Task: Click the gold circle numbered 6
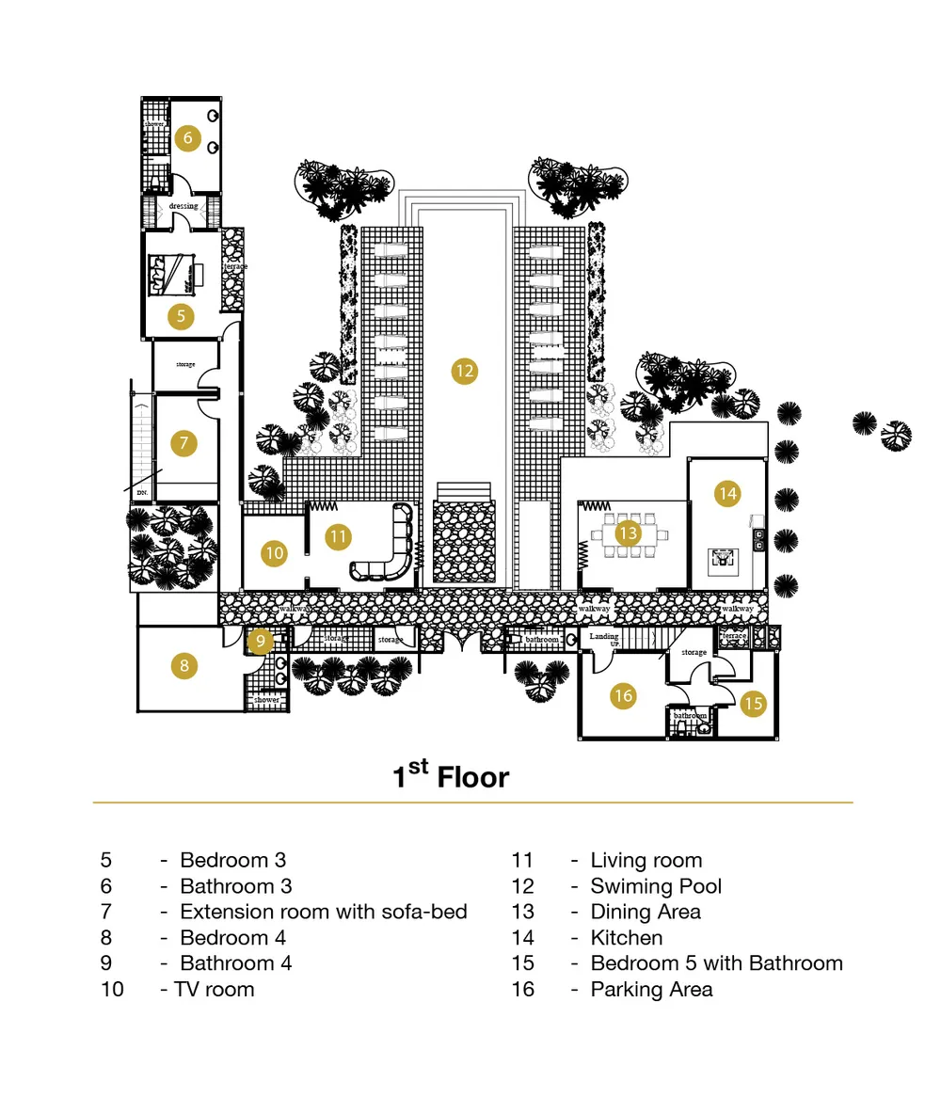click(187, 138)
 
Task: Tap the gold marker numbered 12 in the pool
click(464, 371)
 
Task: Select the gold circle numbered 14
click(726, 493)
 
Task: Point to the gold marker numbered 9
click(262, 642)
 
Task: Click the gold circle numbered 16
click(623, 696)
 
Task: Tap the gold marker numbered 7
click(183, 442)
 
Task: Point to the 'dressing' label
click(183, 206)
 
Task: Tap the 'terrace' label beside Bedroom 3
click(235, 267)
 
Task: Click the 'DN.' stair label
click(142, 492)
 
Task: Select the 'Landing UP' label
click(604, 640)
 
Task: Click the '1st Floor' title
click(451, 776)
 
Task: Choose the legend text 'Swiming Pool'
click(656, 886)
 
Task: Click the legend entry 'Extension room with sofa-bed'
click(323, 912)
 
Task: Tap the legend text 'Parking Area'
click(651, 990)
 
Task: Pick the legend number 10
click(112, 990)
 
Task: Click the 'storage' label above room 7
click(185, 364)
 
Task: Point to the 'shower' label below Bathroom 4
click(267, 700)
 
